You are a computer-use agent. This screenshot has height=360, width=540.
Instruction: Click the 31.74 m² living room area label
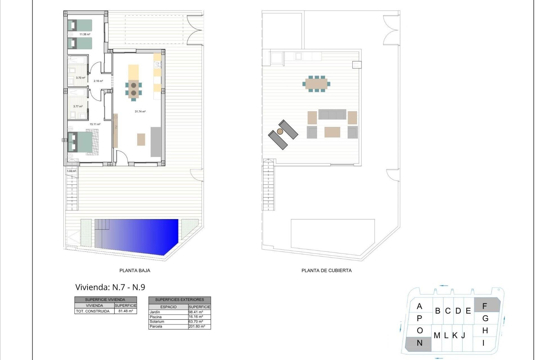(x=140, y=112)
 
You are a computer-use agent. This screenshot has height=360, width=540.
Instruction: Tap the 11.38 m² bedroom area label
(x=85, y=34)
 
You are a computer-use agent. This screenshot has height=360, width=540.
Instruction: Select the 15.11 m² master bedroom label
(x=95, y=124)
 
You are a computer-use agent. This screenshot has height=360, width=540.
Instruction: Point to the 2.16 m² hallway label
(x=98, y=81)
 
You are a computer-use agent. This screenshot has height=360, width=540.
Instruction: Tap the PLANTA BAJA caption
(x=135, y=271)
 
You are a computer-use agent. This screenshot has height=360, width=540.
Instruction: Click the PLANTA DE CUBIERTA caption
(x=327, y=271)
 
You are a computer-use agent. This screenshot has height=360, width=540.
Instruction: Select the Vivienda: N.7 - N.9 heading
(x=110, y=287)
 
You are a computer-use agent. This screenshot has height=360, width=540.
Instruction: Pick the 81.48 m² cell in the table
(x=125, y=311)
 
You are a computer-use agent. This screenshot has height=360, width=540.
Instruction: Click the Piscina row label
(x=156, y=317)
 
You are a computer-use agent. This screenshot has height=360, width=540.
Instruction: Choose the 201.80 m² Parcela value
(x=197, y=327)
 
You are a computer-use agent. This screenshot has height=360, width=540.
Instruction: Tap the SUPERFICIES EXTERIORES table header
(x=179, y=300)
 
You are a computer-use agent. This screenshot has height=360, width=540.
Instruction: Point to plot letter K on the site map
(x=455, y=335)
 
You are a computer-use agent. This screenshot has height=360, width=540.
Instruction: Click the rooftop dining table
(x=316, y=84)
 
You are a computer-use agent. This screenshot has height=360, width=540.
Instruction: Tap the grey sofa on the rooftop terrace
(x=332, y=115)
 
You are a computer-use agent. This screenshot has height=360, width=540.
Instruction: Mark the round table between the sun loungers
(x=280, y=131)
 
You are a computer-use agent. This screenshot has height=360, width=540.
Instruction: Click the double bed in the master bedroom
(x=82, y=142)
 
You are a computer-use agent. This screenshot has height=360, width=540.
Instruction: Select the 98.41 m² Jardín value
(x=196, y=312)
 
